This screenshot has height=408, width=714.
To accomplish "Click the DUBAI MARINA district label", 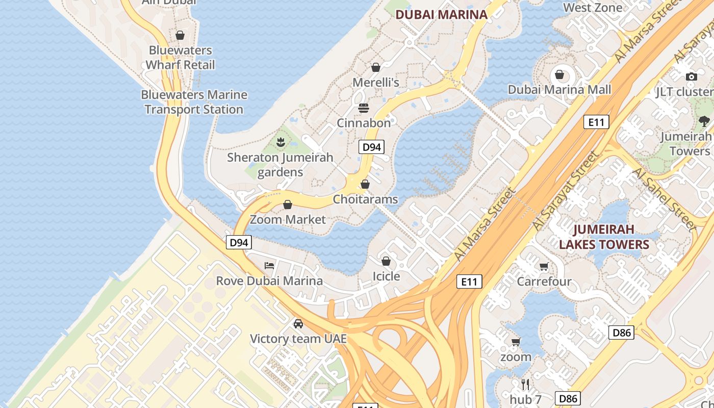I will pos(442,15).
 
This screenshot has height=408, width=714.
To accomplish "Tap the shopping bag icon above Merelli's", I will pos(376,67).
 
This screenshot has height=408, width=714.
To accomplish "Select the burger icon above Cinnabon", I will pos(364,108).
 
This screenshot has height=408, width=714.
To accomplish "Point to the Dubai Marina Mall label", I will pos(559,90).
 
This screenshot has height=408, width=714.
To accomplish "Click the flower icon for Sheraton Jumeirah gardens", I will pos(280,142).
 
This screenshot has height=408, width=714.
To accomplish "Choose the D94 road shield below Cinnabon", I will pos(371,147).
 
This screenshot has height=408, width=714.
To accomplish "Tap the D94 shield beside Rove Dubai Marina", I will pos(239,242).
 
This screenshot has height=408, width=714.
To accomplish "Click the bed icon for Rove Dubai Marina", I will pos(269,265).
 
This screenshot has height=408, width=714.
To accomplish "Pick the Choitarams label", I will pos(365,199).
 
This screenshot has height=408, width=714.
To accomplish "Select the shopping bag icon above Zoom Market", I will pos(288,205).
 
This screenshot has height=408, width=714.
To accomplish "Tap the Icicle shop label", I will pos(386,276).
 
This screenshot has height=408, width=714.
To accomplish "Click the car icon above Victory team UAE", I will pos(298,323).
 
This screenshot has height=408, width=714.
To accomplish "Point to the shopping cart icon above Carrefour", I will pos(544,266).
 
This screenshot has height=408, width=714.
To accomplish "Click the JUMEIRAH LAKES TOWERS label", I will pos(604,237).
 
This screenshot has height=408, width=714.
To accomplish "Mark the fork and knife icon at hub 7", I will pos(525,384).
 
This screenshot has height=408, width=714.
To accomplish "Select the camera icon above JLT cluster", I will pos(692,76).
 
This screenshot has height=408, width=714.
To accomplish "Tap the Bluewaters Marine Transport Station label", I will pos(194,102).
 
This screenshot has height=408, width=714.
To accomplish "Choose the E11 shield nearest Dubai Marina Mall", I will pos(596,122).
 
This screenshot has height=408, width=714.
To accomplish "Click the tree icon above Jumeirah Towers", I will pos(704,121).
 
